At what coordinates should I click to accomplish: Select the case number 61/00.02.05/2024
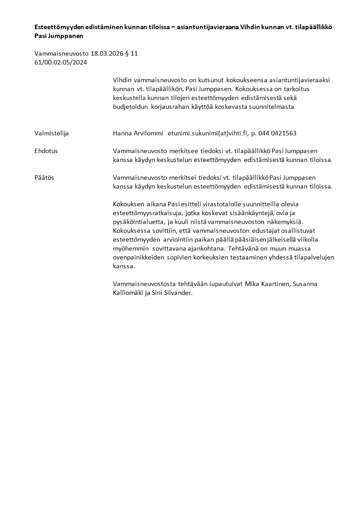click(61, 63)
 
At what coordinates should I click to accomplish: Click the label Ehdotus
click(46, 151)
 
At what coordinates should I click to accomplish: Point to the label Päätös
click(44, 177)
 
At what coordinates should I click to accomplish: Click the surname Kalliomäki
click(129, 293)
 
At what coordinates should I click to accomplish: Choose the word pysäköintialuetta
click(136, 222)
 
